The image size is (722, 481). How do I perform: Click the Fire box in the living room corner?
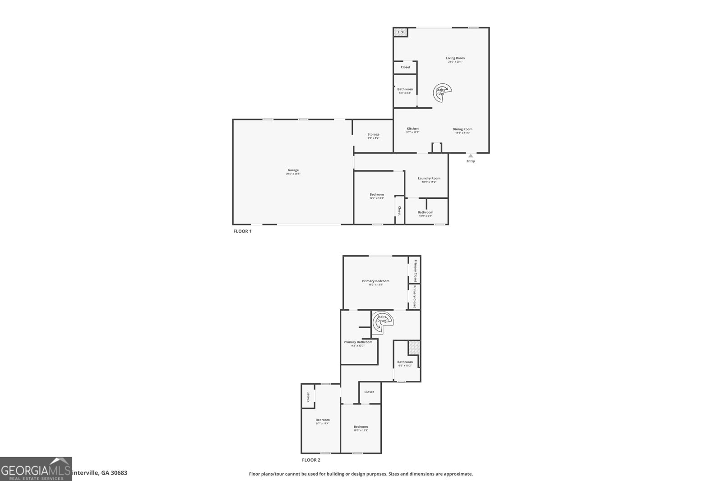point(400,32)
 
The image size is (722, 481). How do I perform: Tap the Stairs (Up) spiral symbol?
point(442,92)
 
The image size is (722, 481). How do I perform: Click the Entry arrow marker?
point(471,156)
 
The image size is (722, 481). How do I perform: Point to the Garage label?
point(293,170)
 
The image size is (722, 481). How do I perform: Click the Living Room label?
point(455,58)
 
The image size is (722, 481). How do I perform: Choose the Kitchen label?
point(412,128)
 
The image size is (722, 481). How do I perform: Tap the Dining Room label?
point(463,129)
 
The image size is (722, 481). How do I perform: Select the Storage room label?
point(373,134)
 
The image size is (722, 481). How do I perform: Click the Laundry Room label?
point(429,178)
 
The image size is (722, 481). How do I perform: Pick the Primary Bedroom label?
point(375,281)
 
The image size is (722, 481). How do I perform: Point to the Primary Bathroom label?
point(358,342)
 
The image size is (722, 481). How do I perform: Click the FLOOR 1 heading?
point(242,231)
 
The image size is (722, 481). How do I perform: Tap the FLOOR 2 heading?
point(311,460)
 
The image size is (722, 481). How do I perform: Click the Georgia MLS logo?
point(36,469)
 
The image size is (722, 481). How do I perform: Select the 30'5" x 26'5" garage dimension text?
point(293,174)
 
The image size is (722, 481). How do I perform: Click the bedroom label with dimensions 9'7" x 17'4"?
point(322,420)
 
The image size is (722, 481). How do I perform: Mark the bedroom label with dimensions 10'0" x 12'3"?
point(361,427)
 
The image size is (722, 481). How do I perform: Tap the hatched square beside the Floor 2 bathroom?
point(414,348)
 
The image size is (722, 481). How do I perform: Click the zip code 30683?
point(120,473)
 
